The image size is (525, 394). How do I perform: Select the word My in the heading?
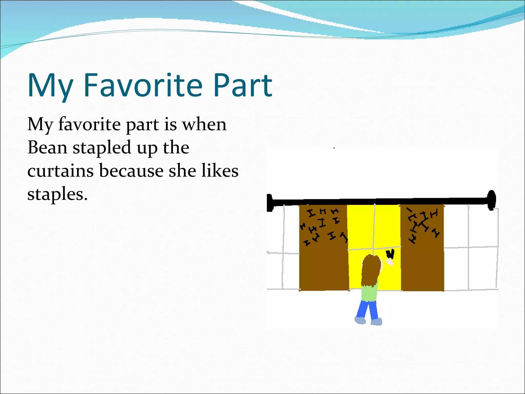50,86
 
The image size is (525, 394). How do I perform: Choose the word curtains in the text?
60,171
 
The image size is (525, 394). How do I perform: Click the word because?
131,171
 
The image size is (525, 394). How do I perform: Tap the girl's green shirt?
369,292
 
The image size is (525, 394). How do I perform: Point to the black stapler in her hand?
390,254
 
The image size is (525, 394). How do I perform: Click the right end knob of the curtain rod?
491,200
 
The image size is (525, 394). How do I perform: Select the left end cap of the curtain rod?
270,203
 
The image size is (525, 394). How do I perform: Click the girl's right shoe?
376,322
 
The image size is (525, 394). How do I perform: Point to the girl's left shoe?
360,320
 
